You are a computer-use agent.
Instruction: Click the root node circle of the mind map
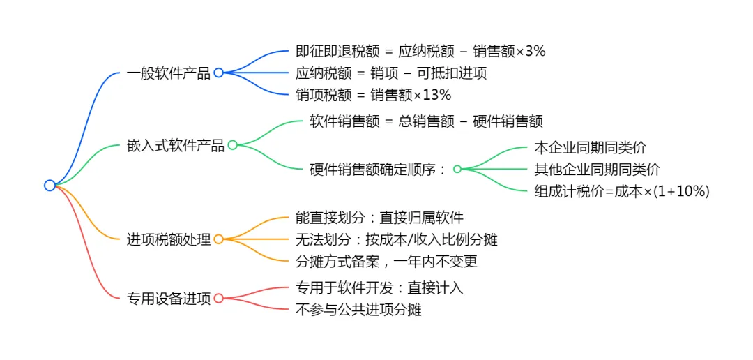[x=50, y=185]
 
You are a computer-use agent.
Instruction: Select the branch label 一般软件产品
[x=168, y=73]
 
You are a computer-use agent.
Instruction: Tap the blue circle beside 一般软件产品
[x=218, y=73]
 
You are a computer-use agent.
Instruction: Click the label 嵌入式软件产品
[x=175, y=145]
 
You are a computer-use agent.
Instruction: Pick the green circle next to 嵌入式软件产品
[x=233, y=145]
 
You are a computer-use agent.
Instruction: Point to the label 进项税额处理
[x=168, y=239]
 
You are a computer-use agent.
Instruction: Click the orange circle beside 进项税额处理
[x=218, y=239]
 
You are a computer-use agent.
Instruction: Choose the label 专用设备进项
[x=168, y=298]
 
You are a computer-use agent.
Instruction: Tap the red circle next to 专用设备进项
[x=218, y=298]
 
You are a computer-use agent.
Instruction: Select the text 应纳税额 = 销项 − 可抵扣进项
[x=391, y=73]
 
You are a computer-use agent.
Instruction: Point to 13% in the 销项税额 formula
[x=437, y=94]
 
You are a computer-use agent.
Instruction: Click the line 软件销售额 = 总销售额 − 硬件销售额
[x=426, y=121]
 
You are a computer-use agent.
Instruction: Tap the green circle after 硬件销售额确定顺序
[x=457, y=169]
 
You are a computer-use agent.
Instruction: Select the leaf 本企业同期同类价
[x=590, y=147]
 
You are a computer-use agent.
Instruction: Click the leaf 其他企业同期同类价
[x=597, y=169]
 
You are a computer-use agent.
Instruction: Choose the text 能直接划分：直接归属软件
[x=379, y=218]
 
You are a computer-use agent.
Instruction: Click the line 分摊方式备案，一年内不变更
[x=386, y=261]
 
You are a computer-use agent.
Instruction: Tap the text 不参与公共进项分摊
[x=358, y=309]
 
